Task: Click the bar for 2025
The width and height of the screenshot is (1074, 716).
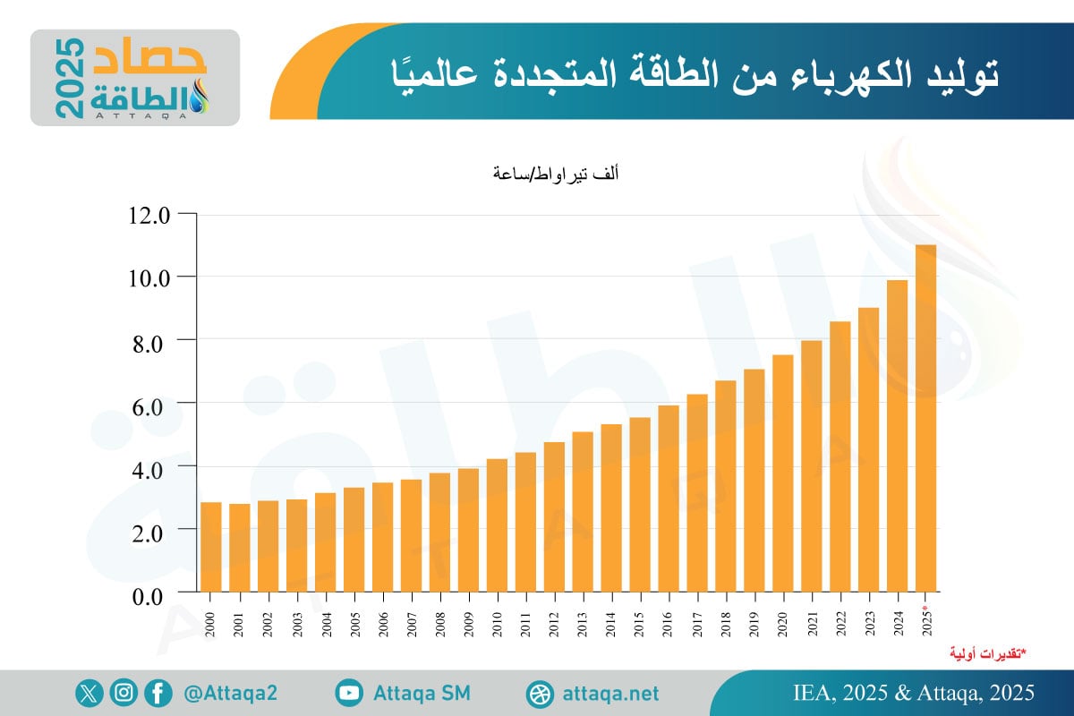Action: coord(925,418)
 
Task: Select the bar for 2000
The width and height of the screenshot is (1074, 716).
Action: coord(211,547)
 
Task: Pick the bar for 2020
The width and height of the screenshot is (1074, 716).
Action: coord(783,473)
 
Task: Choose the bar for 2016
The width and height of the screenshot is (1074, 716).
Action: coord(669,499)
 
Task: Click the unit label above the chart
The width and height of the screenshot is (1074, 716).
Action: coord(555,174)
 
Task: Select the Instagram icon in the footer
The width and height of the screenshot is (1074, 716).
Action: coord(124,693)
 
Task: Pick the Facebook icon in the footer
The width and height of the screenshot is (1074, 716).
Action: coord(158,693)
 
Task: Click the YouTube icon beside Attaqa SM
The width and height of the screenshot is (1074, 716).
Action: coord(350,693)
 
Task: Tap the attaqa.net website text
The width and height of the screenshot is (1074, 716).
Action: coord(611,694)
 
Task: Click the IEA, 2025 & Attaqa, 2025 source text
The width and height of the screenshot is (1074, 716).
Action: coord(913,693)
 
